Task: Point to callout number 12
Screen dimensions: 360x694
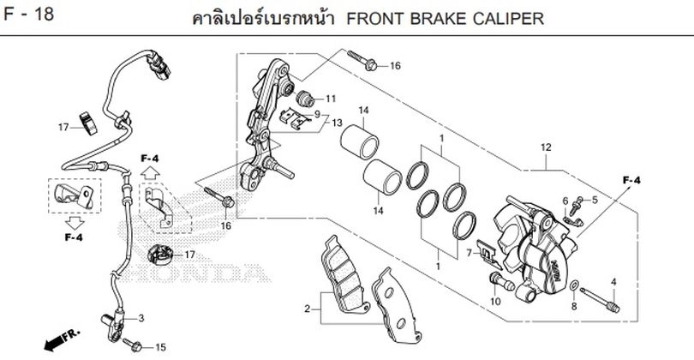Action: click(545, 147)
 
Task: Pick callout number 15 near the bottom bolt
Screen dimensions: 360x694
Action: click(160, 347)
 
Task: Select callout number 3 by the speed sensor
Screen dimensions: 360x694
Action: click(141, 318)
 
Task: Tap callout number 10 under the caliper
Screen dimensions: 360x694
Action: click(496, 302)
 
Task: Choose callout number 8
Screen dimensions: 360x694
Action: click(573, 305)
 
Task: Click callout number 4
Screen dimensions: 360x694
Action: click(613, 282)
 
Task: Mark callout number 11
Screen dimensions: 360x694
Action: click(331, 99)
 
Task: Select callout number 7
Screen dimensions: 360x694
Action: click(469, 254)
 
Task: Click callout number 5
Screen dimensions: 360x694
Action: click(595, 200)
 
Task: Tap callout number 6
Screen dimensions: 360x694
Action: click(565, 200)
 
